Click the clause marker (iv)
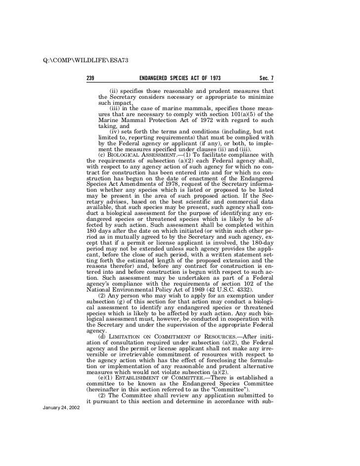click(114, 131)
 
